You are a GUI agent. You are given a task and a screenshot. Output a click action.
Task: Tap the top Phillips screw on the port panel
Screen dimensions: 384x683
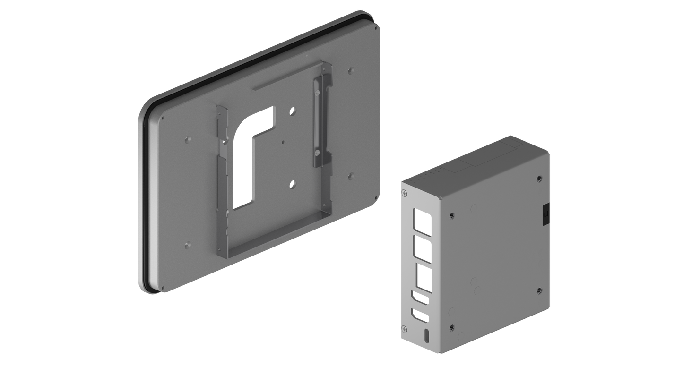coord(404,193)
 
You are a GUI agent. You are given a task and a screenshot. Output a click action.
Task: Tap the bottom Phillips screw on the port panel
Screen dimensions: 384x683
coord(404,329)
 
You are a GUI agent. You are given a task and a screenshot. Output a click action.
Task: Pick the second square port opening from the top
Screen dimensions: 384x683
coord(420,246)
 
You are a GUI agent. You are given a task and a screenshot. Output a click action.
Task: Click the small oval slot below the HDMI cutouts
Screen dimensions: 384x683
coord(427,336)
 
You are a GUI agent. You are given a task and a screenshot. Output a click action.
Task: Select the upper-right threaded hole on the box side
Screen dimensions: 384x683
coord(539,179)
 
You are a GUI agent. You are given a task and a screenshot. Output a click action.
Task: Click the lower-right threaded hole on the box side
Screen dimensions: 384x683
coord(539,290)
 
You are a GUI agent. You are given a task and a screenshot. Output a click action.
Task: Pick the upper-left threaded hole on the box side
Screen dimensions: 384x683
coord(452,215)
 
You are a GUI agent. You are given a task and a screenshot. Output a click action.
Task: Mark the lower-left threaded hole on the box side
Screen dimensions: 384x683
coord(452,326)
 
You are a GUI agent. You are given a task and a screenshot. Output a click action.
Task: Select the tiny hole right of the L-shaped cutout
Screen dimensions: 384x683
coord(283,141)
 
